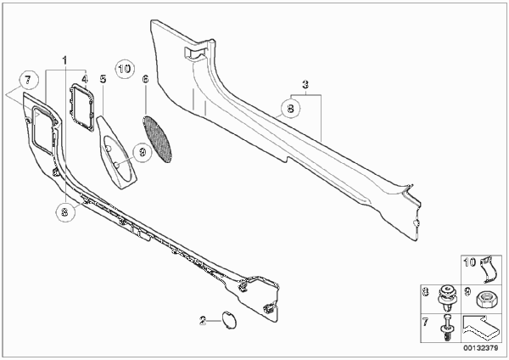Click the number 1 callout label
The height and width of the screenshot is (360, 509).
click(65, 60)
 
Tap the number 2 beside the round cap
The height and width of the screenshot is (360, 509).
click(203, 321)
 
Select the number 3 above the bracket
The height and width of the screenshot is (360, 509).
click(305, 85)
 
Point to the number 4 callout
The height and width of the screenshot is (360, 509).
click(84, 79)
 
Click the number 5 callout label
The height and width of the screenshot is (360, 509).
click(103, 79)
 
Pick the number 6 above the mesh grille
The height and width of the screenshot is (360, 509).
click(145, 79)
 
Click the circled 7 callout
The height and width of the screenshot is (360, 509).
click(29, 80)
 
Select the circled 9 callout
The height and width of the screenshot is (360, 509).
click(143, 152)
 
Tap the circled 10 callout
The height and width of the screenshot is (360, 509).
click(125, 69)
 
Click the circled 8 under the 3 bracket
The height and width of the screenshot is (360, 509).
click(290, 109)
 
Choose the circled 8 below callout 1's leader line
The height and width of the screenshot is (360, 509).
click(65, 212)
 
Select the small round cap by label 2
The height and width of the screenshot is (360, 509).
click(229, 320)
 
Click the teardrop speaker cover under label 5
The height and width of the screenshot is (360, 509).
click(117, 152)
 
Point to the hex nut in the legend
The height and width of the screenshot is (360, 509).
click(484, 299)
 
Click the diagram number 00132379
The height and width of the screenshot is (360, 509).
click(480, 348)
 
